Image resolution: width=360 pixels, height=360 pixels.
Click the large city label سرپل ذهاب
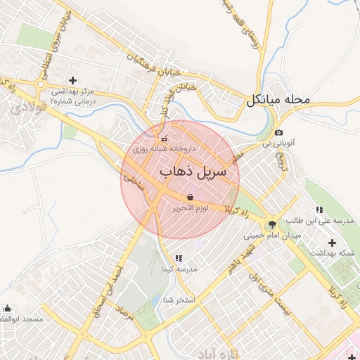coord(193,172)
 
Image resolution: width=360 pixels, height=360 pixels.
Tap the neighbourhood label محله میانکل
coord(278,100)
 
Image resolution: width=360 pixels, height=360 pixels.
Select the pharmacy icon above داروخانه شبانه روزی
coord(165,138)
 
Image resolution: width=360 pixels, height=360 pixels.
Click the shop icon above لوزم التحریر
coord(191,197)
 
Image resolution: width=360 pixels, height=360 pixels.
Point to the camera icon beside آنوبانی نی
coord(279,133)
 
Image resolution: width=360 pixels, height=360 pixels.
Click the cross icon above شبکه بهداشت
coord(332,243)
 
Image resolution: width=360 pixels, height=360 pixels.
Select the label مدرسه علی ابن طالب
coord(324,221)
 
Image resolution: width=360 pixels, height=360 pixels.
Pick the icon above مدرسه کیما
coord(178,259)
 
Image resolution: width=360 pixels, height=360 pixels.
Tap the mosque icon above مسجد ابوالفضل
coord(8,308)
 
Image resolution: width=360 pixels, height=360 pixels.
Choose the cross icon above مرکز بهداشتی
coord(73,80)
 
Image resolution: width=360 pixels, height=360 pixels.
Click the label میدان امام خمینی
coord(272,236)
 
